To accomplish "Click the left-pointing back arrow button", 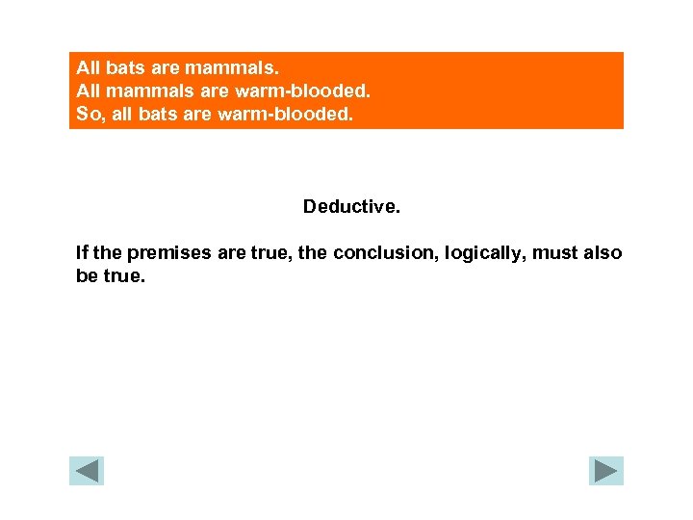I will pos(87,470).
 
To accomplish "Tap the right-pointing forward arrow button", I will pos(606,470).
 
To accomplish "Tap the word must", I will pos(554,253).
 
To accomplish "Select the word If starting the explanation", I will pos(82,253).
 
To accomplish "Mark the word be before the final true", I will pos(87,275).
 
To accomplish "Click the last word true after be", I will pos(125,275).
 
